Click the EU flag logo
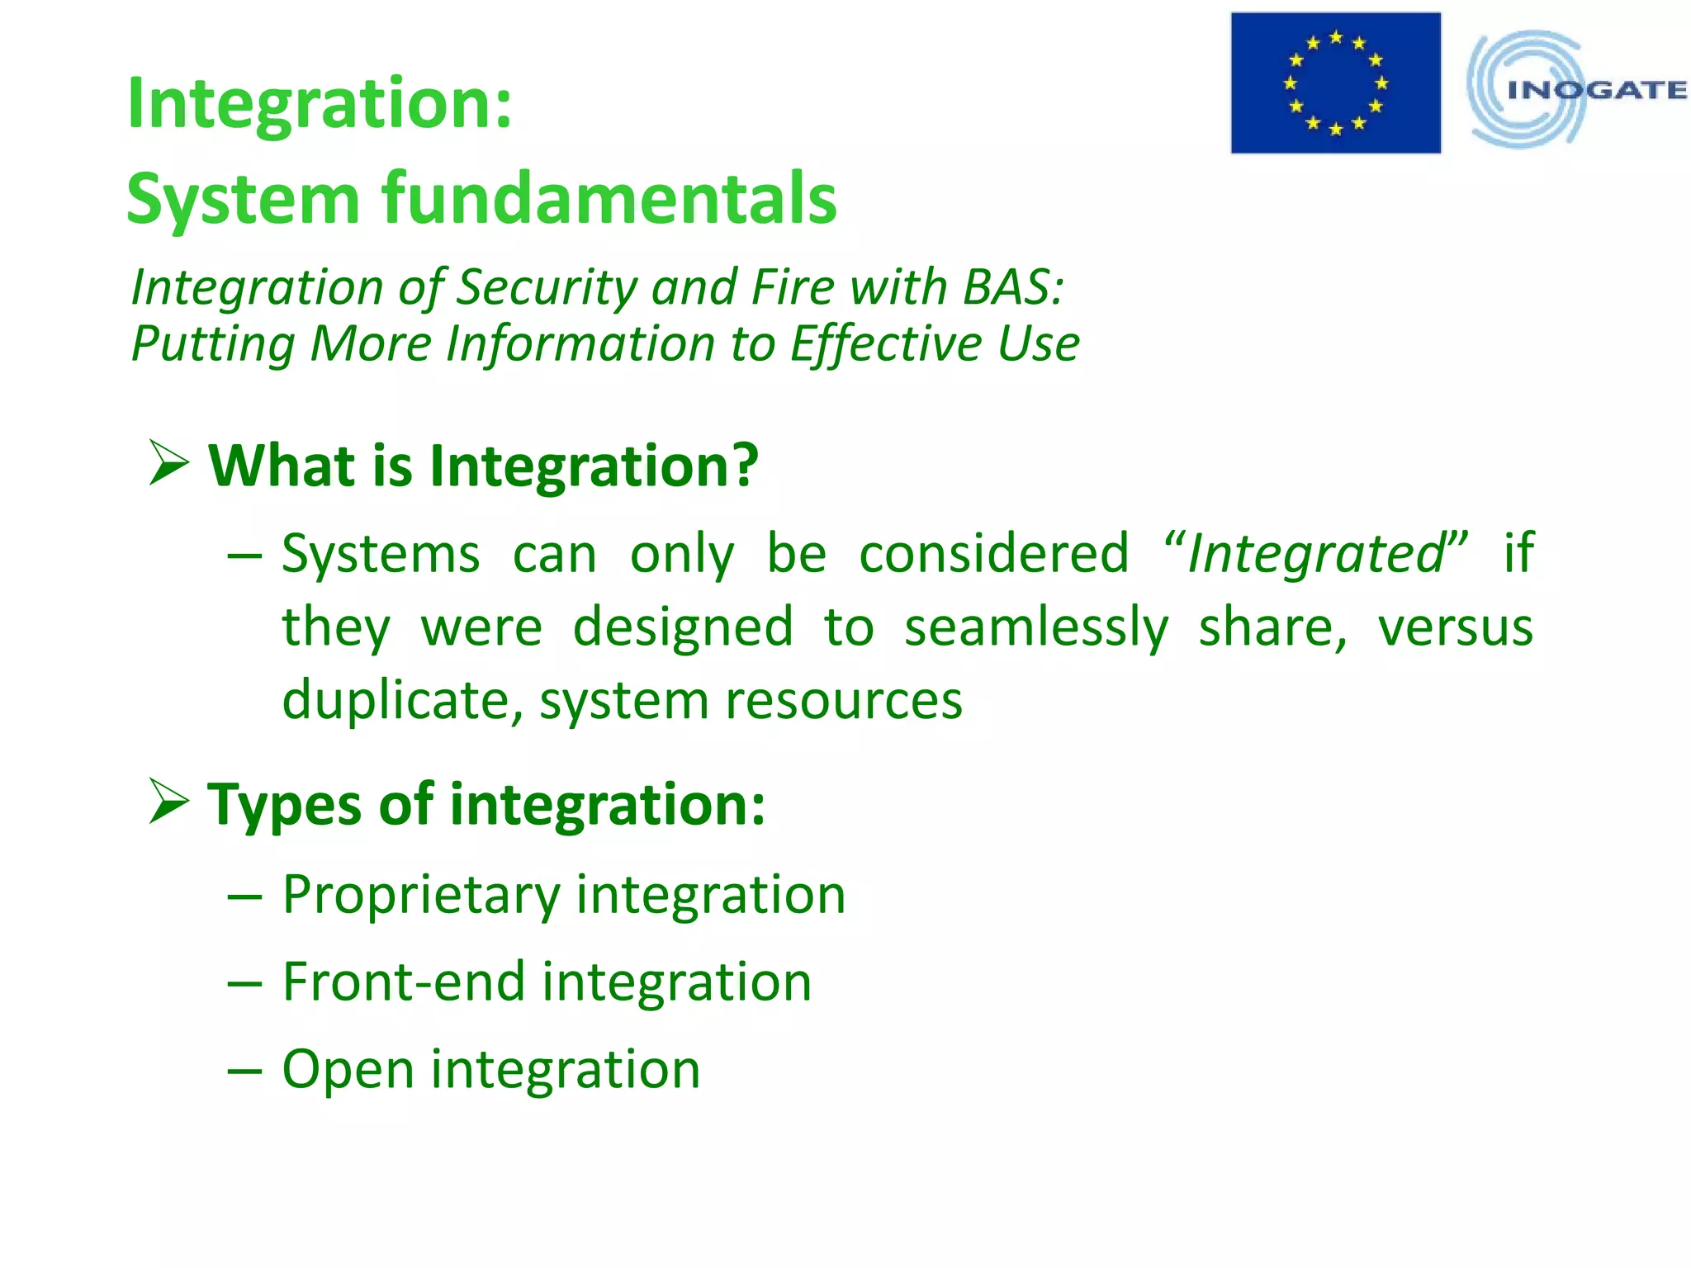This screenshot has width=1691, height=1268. (x=1335, y=83)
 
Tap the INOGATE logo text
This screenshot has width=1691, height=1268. (x=1595, y=90)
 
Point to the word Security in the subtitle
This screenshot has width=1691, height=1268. (x=546, y=288)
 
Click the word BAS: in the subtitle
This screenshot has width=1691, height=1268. (x=1013, y=288)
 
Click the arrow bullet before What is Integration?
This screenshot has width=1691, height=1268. (x=169, y=463)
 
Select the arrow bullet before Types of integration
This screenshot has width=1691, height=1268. (x=169, y=802)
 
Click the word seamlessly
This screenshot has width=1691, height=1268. (x=1036, y=627)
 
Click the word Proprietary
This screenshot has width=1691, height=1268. (x=421, y=896)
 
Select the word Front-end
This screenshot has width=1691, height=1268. (x=404, y=982)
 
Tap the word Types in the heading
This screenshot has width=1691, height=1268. (x=284, y=805)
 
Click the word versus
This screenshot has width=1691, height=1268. (x=1455, y=627)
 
